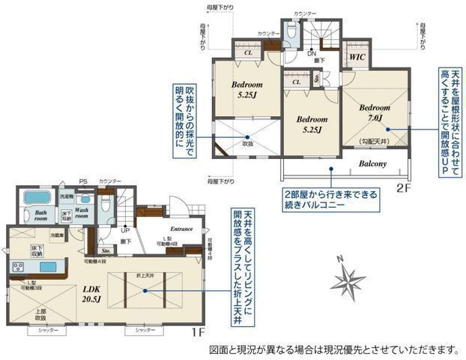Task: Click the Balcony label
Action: tap(372, 163)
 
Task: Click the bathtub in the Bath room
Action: tap(36, 199)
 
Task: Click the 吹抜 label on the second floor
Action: tap(247, 143)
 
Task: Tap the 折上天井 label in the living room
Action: tap(145, 276)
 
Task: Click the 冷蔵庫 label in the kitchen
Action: tap(57, 235)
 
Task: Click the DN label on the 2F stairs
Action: tap(312, 53)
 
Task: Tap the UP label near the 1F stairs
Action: tap(124, 231)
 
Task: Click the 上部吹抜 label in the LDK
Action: tap(42, 313)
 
